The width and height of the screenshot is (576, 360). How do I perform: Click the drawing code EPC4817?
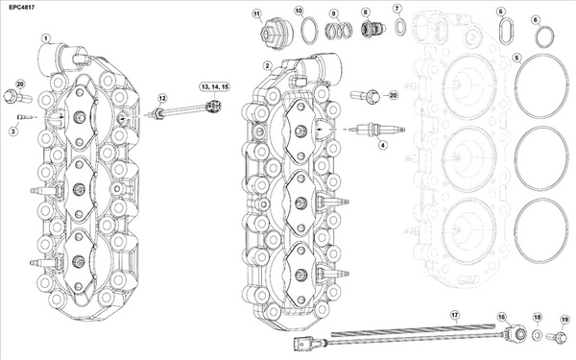coord(21,8)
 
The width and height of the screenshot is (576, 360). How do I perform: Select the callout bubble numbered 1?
coord(45,37)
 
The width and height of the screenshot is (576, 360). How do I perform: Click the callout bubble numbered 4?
coord(381,146)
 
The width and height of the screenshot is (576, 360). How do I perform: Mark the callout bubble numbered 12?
coord(163,99)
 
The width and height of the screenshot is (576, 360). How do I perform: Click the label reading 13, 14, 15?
coord(213,87)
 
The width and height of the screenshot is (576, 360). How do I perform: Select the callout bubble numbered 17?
coord(455,315)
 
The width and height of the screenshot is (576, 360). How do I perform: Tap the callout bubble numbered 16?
coord(501,316)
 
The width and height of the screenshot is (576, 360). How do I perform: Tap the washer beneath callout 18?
coord(538,335)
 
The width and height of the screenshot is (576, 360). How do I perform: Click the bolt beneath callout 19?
coord(562,336)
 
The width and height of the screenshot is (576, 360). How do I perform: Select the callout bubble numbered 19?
coord(564,320)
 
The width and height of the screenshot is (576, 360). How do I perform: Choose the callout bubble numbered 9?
coord(333,13)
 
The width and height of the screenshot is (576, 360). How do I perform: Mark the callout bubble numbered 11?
coord(256,14)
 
